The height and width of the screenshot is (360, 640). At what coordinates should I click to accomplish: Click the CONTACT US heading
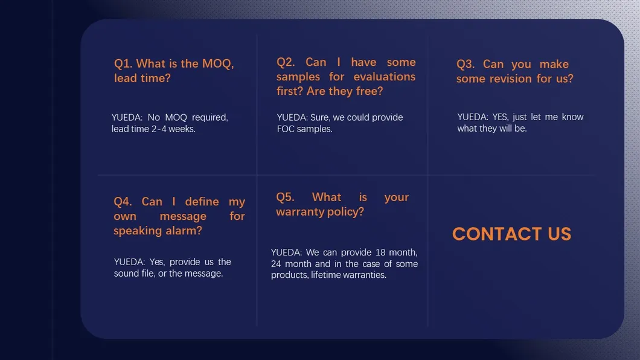[x=511, y=234]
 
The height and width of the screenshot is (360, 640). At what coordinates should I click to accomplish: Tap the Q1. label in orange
[x=123, y=63]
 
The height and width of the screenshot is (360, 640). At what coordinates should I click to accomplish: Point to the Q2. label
[x=286, y=62]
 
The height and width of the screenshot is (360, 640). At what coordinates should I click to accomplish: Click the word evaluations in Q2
[x=384, y=76]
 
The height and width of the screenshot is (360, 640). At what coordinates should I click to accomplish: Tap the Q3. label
[x=466, y=64]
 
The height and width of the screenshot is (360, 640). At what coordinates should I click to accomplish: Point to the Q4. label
[x=123, y=202]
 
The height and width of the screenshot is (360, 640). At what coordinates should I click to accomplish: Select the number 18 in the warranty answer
[x=380, y=252]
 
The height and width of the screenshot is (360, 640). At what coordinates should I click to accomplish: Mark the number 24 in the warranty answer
[x=276, y=264]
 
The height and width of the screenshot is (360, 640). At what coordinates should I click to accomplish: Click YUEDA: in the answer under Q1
[x=127, y=117]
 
